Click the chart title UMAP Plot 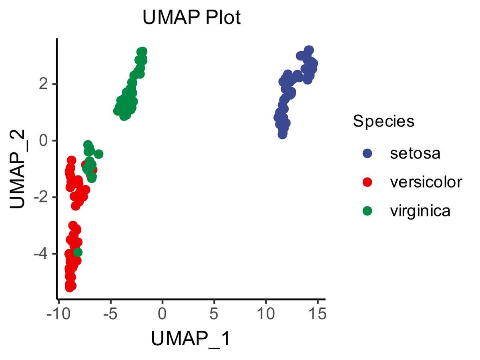(192, 18)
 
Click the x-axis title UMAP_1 (191, 339)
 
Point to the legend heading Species (383, 121)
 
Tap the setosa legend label (415, 153)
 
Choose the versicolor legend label (426, 182)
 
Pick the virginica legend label (420, 211)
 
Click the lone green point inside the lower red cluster (78, 252)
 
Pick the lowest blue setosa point (282, 134)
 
